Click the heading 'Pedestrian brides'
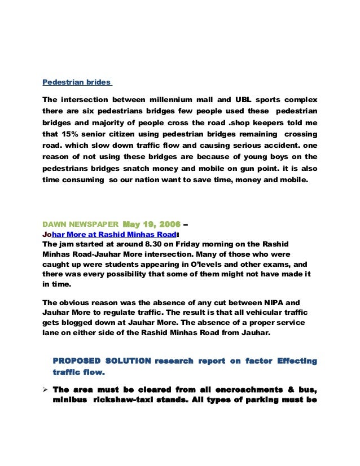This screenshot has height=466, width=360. (x=77, y=82)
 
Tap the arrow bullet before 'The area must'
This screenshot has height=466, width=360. (x=46, y=389)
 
